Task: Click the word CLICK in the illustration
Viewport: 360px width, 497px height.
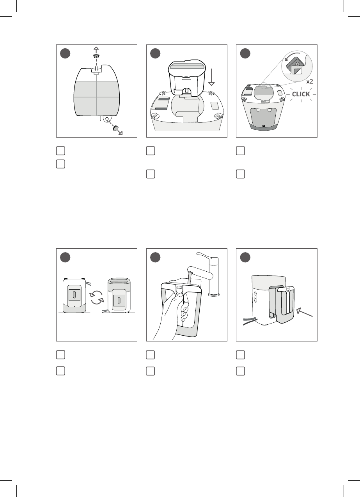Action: pos(301,94)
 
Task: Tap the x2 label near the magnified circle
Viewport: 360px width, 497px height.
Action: pos(310,81)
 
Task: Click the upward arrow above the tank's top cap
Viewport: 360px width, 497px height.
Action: pos(96,50)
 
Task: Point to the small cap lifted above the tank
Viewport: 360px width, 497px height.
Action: pos(96,56)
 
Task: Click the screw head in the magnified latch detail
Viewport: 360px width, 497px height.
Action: pos(298,64)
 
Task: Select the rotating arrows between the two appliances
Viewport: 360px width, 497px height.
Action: pos(97,298)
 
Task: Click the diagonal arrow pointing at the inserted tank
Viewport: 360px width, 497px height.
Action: pos(305,312)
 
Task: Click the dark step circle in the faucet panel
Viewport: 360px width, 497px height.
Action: pos(155,257)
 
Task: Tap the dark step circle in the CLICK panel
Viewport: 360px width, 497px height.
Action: pos(245,53)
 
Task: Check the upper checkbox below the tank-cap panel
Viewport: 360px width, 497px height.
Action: pos(60,150)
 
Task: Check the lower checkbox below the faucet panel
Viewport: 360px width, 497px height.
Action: pos(150,371)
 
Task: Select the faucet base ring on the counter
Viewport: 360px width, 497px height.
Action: pos(213,294)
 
